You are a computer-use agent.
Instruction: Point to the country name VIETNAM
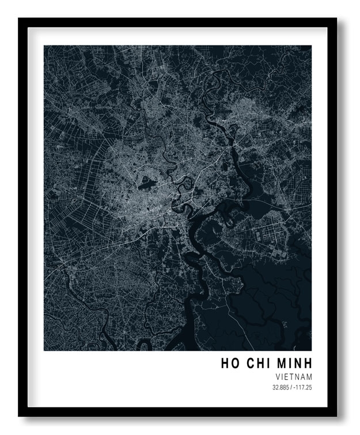294,377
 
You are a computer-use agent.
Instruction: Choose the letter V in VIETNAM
278,377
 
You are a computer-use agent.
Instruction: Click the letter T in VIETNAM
291,377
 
